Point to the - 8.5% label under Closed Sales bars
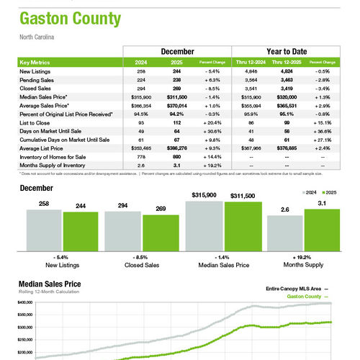[x=142, y=257]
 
